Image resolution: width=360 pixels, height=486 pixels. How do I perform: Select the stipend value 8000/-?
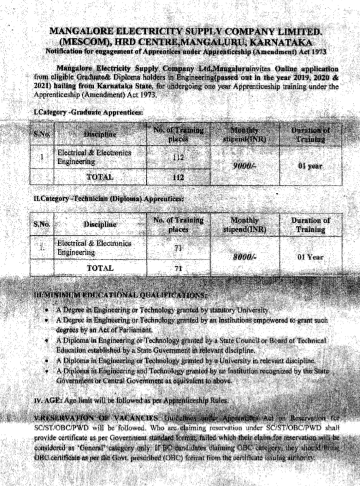pyautogui.click(x=244, y=258)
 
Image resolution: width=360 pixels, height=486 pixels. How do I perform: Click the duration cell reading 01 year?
pyautogui.click(x=310, y=166)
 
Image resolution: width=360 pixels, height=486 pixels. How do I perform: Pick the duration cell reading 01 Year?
pyautogui.click(x=310, y=258)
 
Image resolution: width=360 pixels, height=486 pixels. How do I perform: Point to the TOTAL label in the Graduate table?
pyautogui.click(x=100, y=176)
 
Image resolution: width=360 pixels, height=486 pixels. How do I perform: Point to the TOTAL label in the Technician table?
pyautogui.click(x=100, y=268)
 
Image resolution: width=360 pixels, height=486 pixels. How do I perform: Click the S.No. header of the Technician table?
pyautogui.click(x=42, y=224)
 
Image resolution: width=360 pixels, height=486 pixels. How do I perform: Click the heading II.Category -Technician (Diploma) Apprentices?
pyautogui.click(x=107, y=199)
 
